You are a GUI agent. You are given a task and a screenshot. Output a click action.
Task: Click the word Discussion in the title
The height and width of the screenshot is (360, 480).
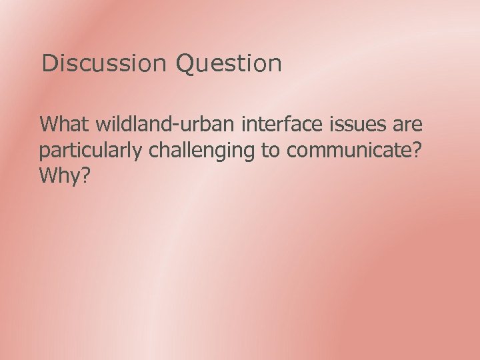click(x=103, y=64)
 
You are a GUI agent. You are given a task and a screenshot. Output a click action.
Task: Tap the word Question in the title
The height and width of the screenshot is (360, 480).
click(x=229, y=64)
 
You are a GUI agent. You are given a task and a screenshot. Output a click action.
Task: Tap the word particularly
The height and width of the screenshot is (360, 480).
click(x=91, y=151)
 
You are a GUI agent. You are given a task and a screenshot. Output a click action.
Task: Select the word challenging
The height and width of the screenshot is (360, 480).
click(x=202, y=151)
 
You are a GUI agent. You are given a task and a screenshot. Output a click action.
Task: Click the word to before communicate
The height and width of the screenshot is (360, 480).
click(x=271, y=151)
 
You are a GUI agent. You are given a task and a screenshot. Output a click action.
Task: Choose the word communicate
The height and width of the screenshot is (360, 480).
click(x=349, y=151)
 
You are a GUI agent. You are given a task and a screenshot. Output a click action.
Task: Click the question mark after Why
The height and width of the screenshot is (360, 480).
click(x=88, y=176)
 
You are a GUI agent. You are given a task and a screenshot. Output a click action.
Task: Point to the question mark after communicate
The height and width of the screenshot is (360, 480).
click(x=417, y=151)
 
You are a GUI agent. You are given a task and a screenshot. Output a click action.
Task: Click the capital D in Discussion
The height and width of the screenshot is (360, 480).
click(x=48, y=64)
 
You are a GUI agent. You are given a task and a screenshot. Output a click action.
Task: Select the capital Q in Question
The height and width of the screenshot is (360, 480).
click(x=185, y=64)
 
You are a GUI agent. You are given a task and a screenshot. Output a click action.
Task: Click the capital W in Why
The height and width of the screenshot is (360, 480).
click(x=49, y=176)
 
